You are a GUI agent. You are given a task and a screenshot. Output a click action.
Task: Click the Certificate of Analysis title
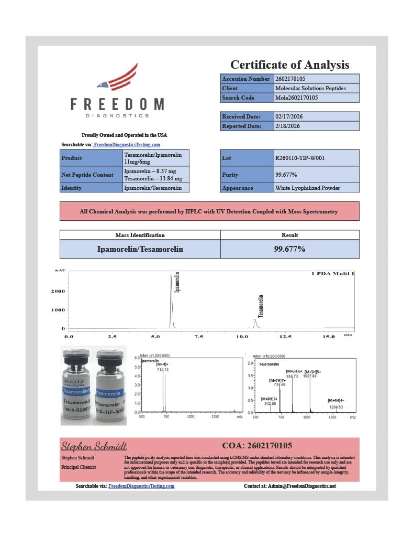point(289,65)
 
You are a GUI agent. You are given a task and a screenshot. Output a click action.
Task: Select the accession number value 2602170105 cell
point(317,79)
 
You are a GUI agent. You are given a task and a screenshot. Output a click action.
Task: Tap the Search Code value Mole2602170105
point(317,98)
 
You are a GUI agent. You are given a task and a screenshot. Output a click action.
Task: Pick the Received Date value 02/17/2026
point(317,116)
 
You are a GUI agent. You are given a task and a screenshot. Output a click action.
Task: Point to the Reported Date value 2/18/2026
point(317,126)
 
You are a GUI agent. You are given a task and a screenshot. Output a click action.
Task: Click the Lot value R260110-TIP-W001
point(317,158)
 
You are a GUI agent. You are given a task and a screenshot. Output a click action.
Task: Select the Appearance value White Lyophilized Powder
point(317,188)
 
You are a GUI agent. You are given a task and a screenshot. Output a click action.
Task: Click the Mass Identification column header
point(140,235)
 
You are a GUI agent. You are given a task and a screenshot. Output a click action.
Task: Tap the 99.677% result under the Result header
point(289,249)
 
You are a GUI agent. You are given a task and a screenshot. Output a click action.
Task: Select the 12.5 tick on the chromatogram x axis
point(285,336)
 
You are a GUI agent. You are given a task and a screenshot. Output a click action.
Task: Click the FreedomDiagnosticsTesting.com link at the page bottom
point(141,486)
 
